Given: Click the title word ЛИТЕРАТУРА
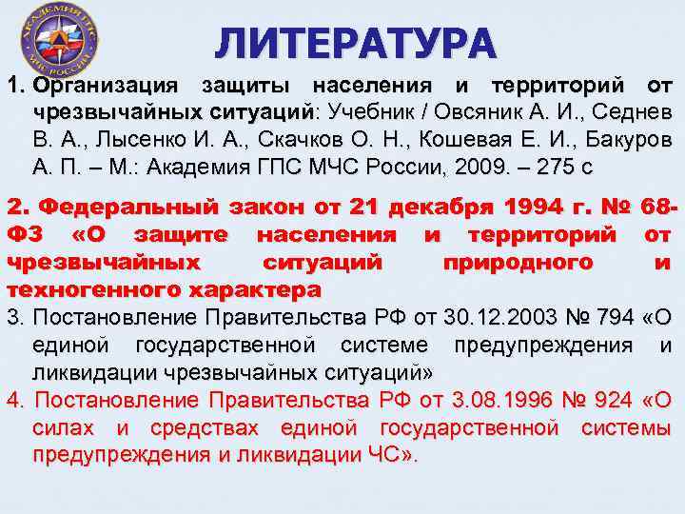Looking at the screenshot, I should pos(355,42).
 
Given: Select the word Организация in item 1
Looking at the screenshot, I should pos(93,89).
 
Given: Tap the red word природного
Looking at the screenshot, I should pos(520,261).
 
